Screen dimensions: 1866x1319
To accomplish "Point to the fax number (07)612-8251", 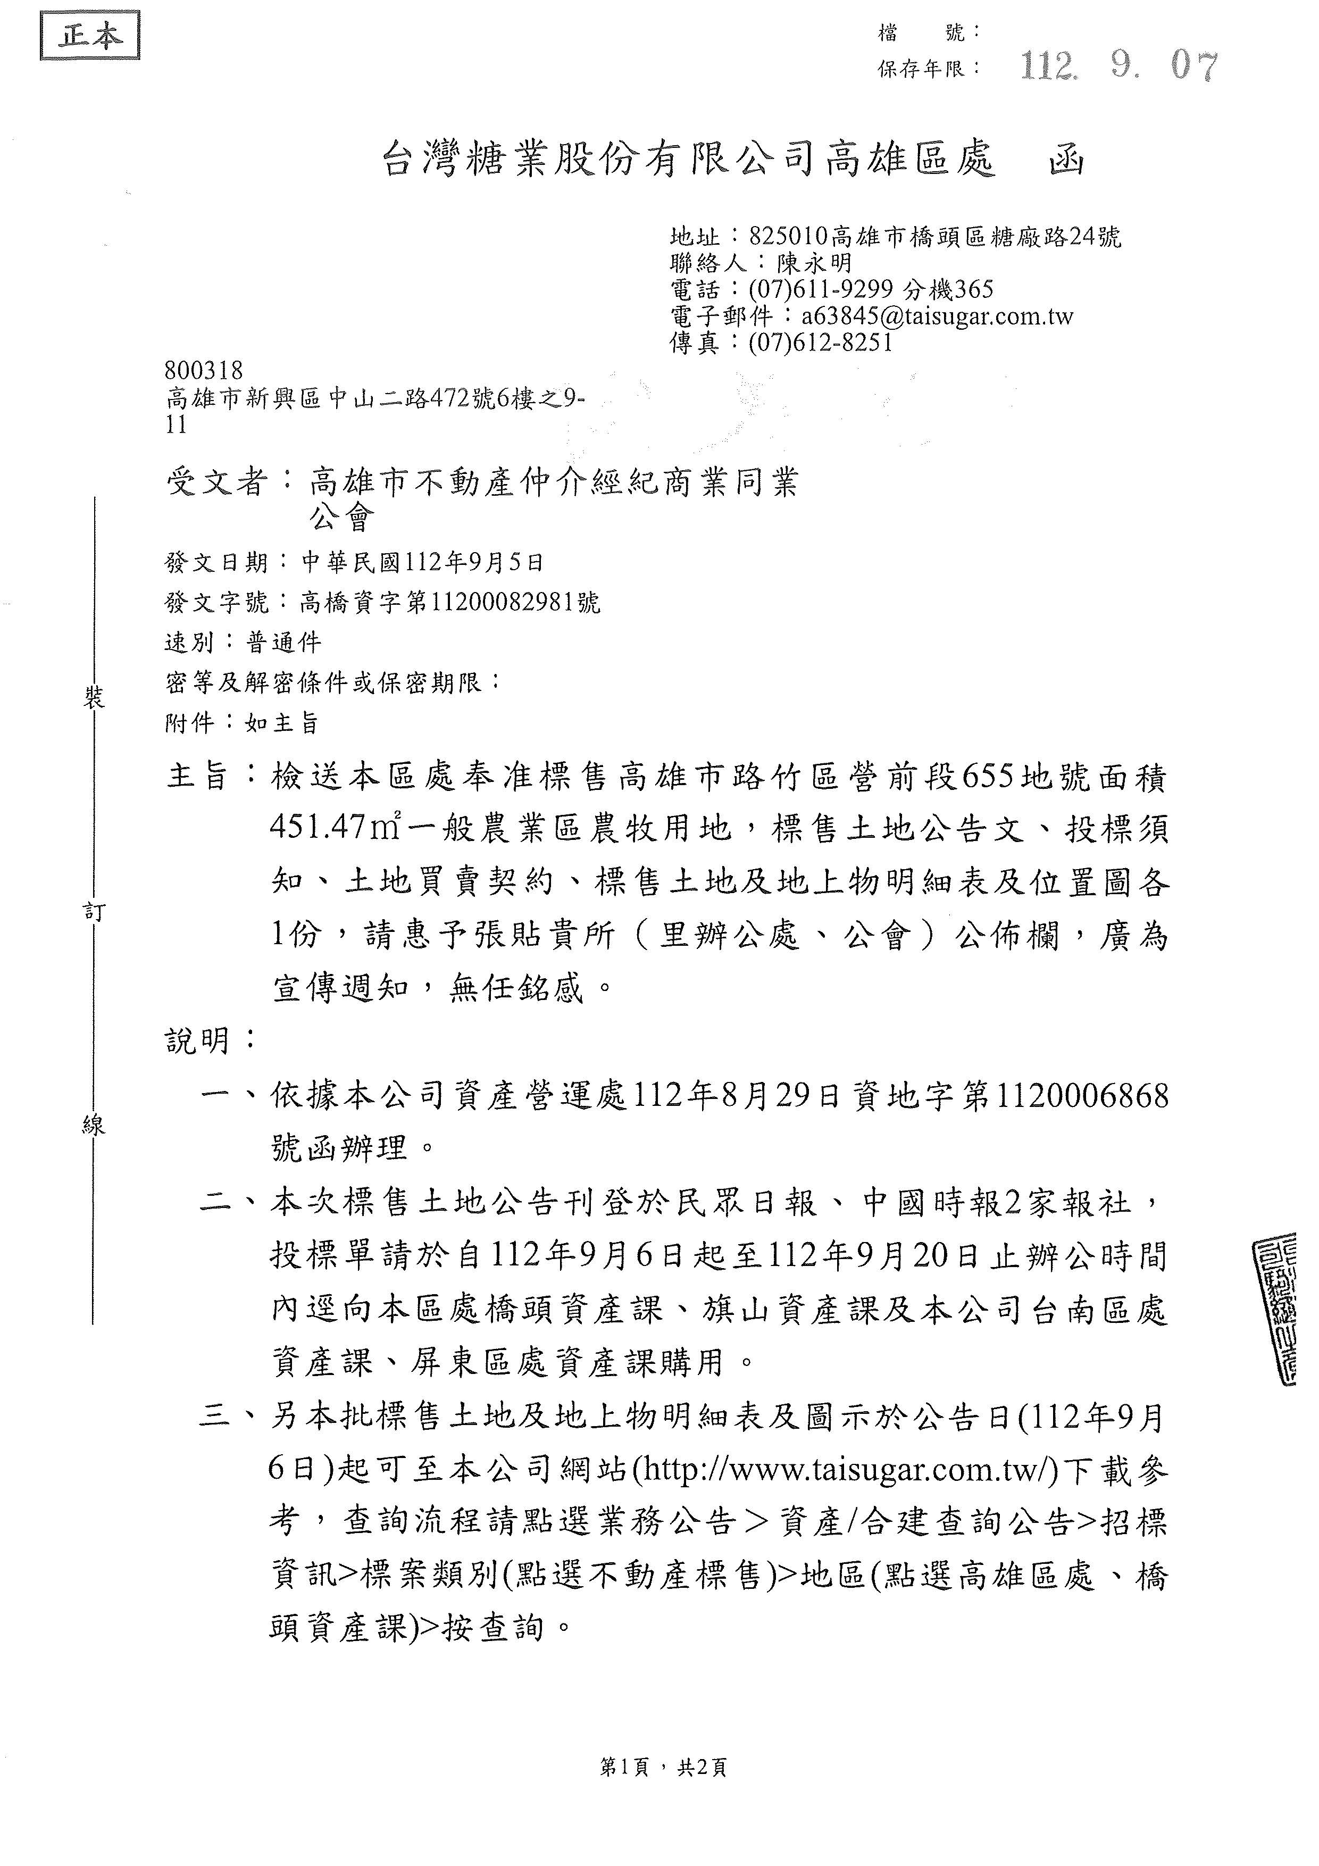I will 820,342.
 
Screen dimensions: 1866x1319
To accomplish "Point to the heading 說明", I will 199,1041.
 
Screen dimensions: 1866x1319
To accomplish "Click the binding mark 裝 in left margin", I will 94,698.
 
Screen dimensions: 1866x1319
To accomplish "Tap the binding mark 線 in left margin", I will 94,1126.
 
